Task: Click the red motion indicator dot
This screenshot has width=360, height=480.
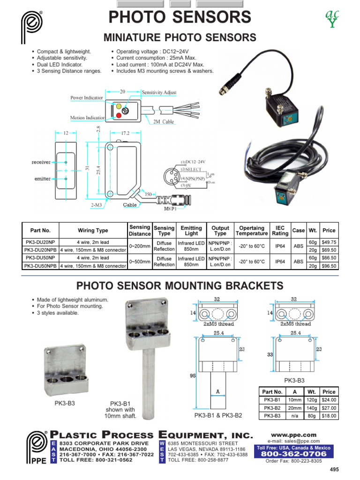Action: [x=119, y=116]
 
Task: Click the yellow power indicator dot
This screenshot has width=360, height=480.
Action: [x=119, y=106]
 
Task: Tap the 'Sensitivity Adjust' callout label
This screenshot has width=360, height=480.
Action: [x=159, y=92]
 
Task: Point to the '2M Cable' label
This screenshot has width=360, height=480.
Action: [x=164, y=121]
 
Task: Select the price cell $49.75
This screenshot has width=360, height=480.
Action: [x=329, y=242]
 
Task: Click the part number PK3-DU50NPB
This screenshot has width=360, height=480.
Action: [x=40, y=266]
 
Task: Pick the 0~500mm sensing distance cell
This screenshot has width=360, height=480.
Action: [x=140, y=262]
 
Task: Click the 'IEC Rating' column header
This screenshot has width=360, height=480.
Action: [x=280, y=231]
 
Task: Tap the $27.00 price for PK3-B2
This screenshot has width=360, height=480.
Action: [x=329, y=408]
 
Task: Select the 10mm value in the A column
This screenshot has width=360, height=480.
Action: [x=294, y=400]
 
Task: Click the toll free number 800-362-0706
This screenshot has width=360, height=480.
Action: [x=293, y=454]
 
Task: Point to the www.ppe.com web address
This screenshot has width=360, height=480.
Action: [x=293, y=435]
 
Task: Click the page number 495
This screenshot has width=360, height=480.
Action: [x=334, y=469]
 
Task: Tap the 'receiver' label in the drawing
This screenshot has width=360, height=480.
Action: [x=41, y=162]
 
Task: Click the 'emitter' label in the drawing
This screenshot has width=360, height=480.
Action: [x=42, y=179]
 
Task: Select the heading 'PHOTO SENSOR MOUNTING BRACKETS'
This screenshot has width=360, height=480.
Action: [x=180, y=285]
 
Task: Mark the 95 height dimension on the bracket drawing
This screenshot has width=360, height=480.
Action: [x=193, y=375]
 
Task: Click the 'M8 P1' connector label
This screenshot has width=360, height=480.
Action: [x=170, y=209]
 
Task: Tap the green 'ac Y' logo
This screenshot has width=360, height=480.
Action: [x=332, y=18]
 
